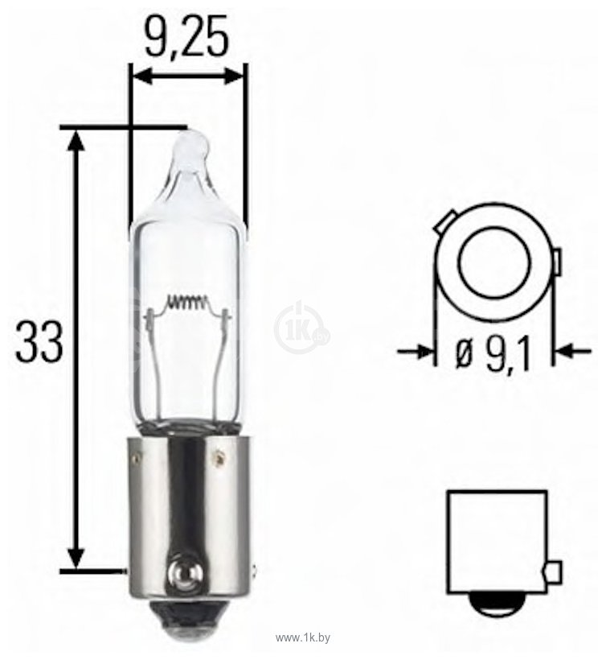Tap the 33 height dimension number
click(x=39, y=342)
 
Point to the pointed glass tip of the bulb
click(x=191, y=148)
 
